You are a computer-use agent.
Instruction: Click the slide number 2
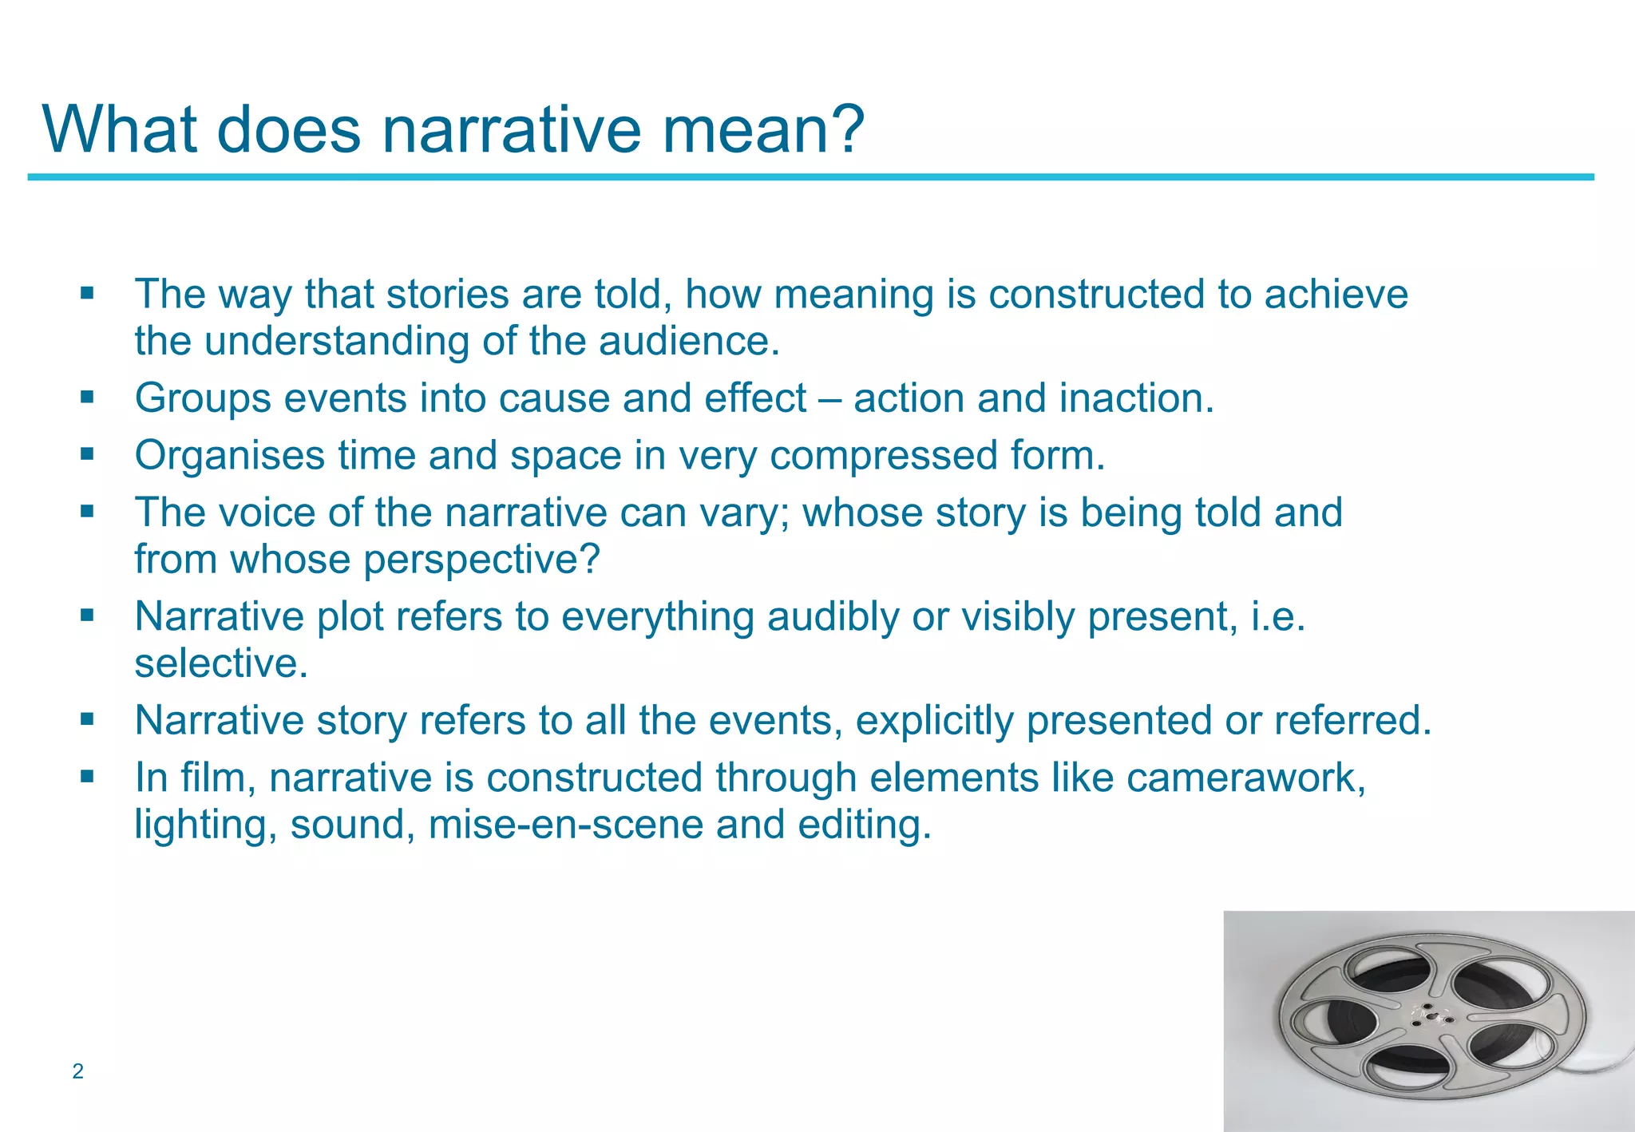[x=77, y=1071]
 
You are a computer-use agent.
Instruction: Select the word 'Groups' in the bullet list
[x=203, y=399]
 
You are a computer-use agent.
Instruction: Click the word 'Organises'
[x=230, y=457]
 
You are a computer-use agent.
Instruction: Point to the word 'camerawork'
[x=1245, y=778]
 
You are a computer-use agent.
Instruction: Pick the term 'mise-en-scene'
[x=566, y=825]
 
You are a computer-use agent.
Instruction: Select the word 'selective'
[x=217, y=663]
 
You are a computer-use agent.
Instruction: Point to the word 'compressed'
[x=884, y=456]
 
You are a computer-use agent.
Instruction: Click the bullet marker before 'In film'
[x=87, y=775]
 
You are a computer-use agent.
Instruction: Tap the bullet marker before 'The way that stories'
[x=87, y=293]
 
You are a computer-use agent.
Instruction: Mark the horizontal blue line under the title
[x=810, y=177]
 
